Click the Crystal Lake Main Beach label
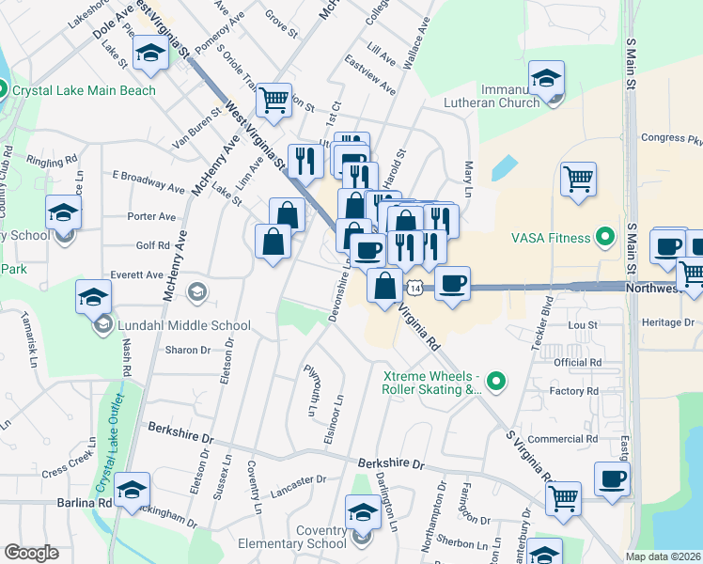pos(83,90)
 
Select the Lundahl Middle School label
pos(184,326)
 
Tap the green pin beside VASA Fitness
pos(606,234)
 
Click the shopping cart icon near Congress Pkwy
pos(578,178)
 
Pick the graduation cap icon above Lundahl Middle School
pos(94,297)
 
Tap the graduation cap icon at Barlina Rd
pos(132,489)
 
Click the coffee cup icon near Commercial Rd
pos(612,478)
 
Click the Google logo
pos(31,552)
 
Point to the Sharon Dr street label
pos(186,350)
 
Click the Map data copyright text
pos(664,556)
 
